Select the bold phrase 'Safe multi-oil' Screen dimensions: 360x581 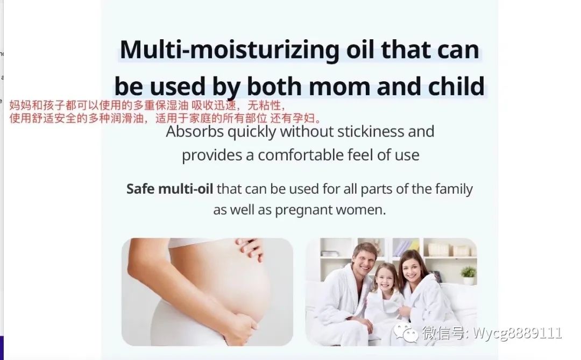point(169,189)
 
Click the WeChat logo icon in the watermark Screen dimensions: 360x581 point(406,334)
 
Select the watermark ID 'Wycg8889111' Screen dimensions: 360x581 point(518,334)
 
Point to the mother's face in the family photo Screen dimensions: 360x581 point(412,266)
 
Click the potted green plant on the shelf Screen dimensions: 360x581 point(469,273)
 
